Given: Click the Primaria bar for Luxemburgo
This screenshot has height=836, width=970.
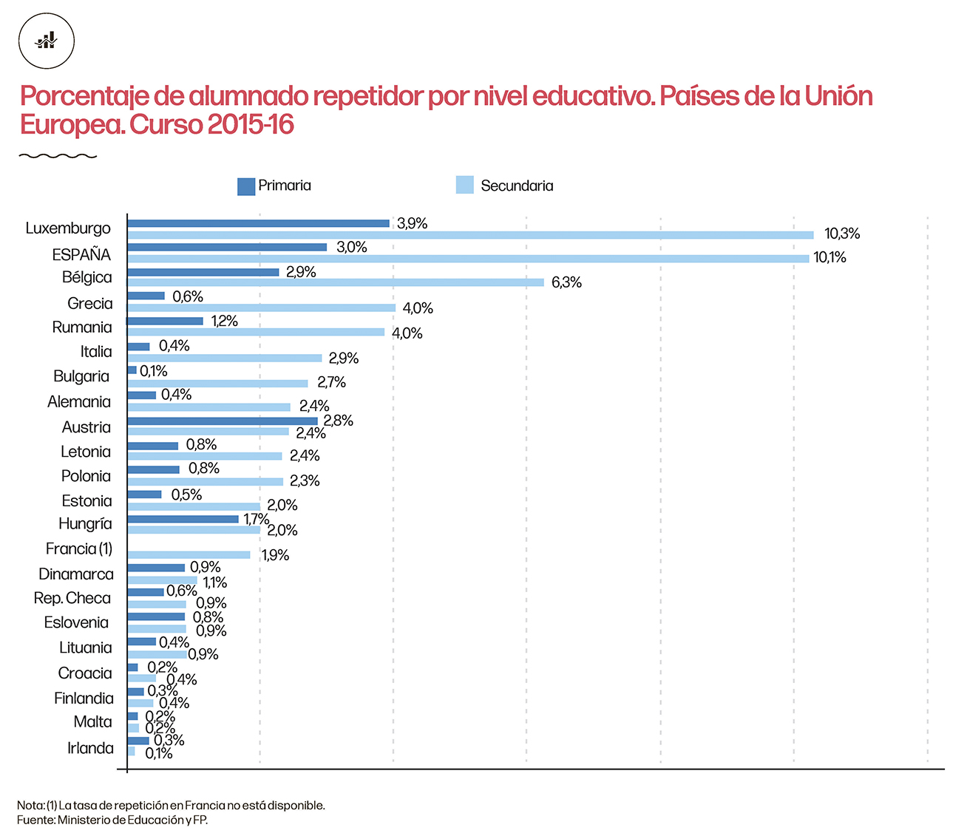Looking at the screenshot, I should [258, 223].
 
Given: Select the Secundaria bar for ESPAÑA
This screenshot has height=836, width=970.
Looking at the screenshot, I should [468, 259].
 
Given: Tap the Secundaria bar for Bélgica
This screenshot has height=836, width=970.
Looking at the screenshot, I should [336, 282].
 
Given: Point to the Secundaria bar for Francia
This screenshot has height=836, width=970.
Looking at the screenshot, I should [189, 555].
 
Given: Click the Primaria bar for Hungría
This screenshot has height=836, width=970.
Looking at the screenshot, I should [183, 519].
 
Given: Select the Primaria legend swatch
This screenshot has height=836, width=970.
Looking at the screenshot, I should [245, 186].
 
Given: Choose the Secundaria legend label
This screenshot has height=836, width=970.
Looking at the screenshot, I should [517, 186].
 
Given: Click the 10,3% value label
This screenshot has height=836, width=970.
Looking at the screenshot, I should [842, 234].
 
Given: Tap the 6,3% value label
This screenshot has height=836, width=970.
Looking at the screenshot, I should [566, 282].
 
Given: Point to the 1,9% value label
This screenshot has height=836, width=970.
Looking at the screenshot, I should [275, 555].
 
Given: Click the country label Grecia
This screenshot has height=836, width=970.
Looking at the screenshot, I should [89, 303].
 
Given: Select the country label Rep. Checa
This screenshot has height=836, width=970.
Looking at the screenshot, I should [72, 598].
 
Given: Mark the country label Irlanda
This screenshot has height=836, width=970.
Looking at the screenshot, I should [90, 748].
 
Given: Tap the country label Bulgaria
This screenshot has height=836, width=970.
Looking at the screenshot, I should [81, 376].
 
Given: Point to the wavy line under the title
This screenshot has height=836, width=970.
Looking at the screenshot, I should [58, 156].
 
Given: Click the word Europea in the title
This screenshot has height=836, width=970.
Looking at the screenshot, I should [71, 124].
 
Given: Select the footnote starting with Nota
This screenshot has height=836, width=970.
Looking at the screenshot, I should [171, 805].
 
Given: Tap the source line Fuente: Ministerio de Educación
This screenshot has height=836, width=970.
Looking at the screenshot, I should [112, 820].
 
